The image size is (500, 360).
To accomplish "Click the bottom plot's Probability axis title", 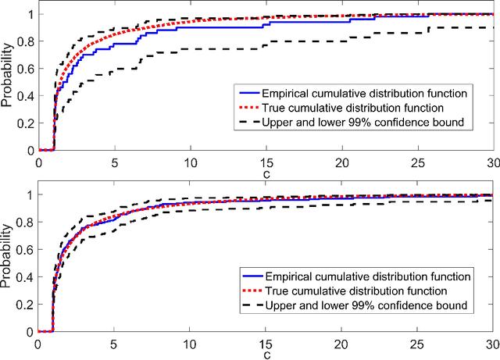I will point(8,262).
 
